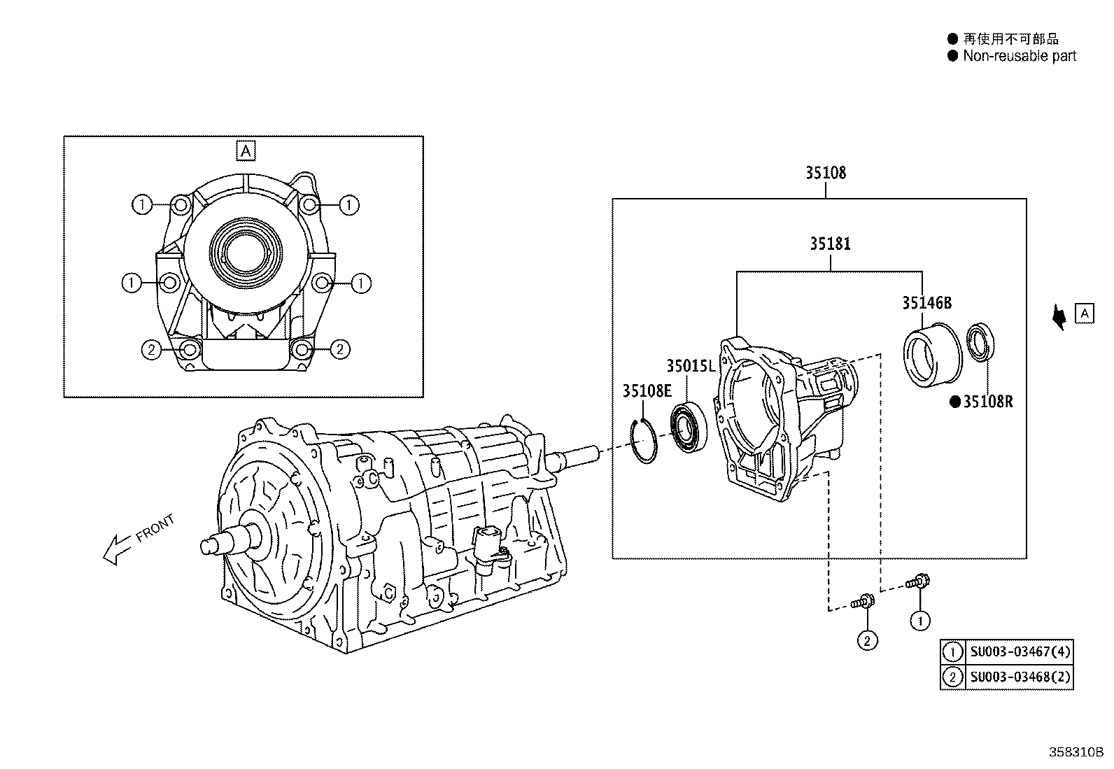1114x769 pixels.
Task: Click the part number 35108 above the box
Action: [825, 172]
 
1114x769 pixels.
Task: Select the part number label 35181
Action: [830, 244]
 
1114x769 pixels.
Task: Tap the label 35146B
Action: [926, 303]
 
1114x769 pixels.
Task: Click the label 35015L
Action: [690, 365]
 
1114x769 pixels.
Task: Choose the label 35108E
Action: [647, 390]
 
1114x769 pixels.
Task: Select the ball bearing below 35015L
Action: [689, 427]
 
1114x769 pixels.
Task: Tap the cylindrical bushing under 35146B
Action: [929, 355]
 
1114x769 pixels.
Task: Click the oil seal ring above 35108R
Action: [982, 343]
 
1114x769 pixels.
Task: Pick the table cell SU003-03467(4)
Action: [1020, 652]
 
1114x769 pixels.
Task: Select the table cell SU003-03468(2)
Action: [1020, 677]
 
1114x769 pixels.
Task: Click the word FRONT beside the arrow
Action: [155, 529]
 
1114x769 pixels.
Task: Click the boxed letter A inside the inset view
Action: [245, 150]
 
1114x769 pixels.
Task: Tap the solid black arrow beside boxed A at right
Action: [1060, 316]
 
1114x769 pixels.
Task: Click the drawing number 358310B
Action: [1075, 752]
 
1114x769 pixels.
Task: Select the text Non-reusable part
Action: [1019, 56]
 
